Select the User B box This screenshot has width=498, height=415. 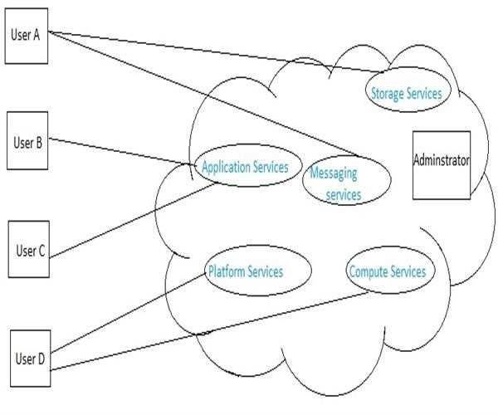point(27,141)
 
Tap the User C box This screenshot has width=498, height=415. point(29,250)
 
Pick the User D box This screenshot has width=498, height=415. point(30,359)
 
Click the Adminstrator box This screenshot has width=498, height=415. point(441,164)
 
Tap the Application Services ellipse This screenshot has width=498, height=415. point(244,168)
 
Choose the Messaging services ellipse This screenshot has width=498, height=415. point(344,182)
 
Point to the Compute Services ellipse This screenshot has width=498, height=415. point(388,271)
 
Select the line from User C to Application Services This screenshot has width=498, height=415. point(133,219)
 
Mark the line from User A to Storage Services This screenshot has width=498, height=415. point(207,51)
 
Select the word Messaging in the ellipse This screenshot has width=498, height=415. point(333,174)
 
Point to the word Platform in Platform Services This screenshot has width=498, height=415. point(225,271)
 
